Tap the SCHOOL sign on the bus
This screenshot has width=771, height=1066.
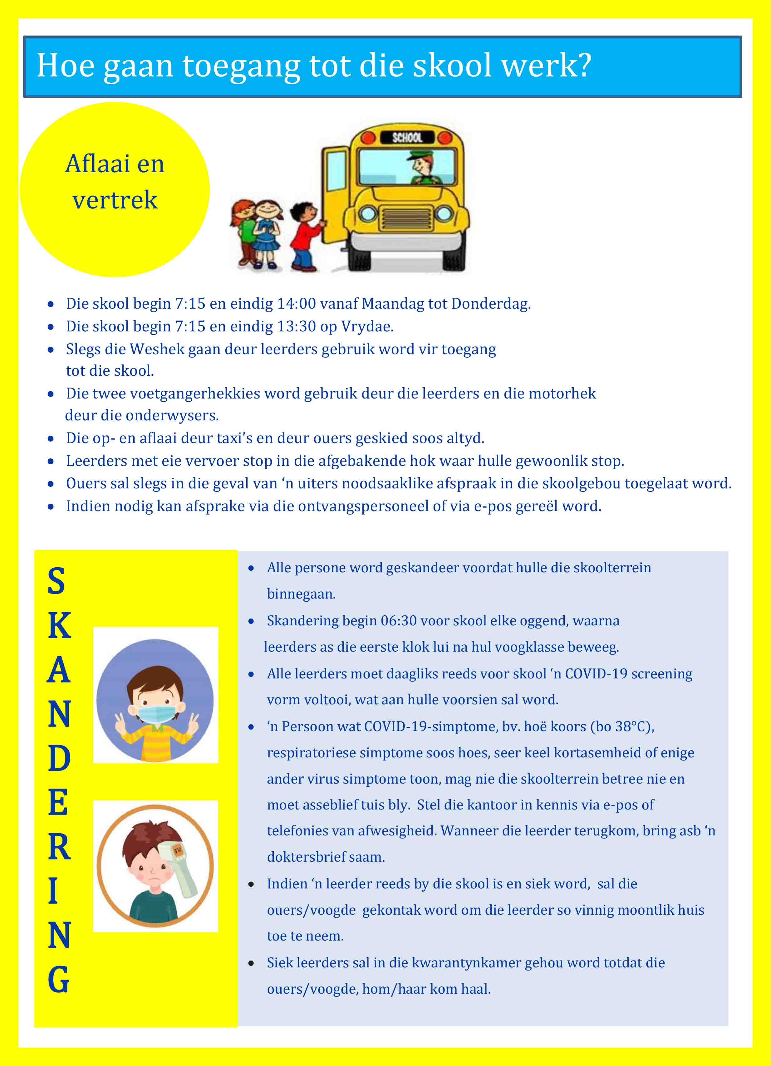[407, 137]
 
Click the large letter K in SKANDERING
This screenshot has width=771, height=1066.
[59, 626]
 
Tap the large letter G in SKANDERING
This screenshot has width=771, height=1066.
[59, 980]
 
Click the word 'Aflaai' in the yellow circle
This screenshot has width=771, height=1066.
[98, 164]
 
